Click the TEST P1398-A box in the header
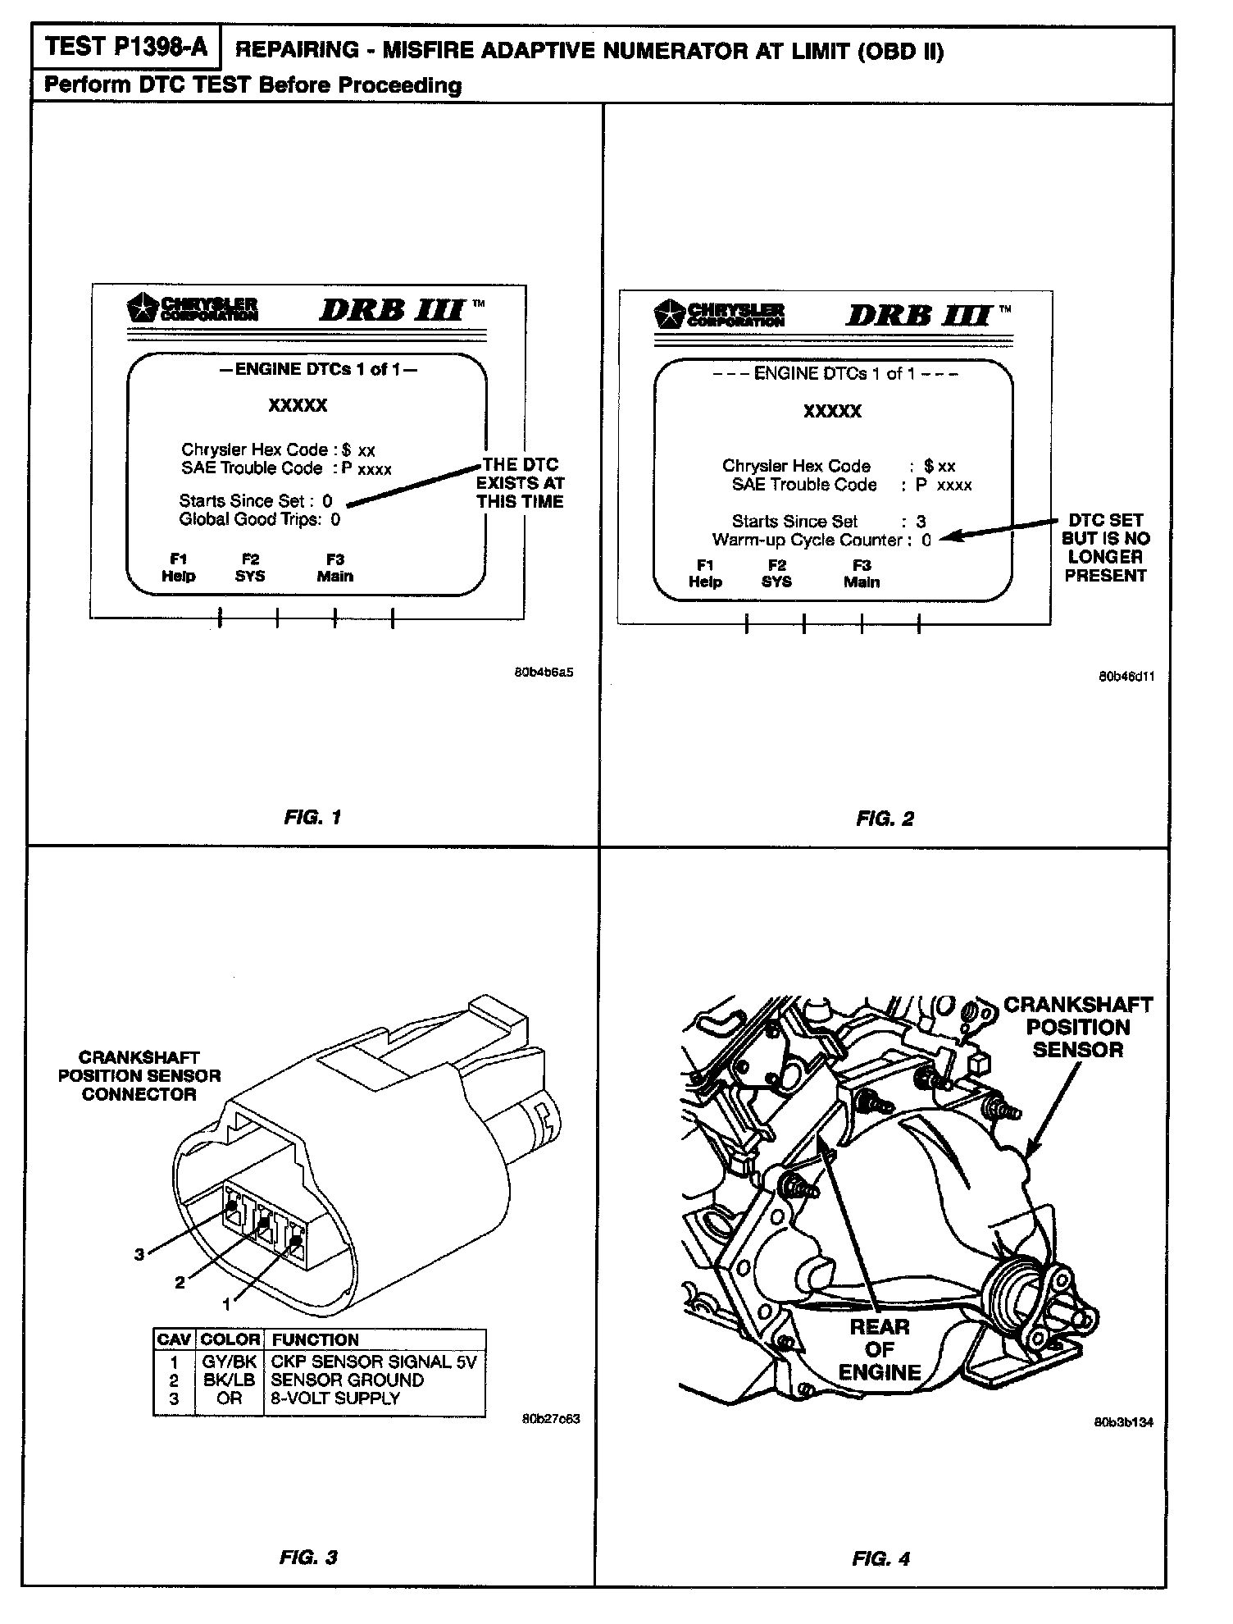[x=126, y=47]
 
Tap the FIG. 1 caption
[x=312, y=817]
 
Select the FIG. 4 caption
[x=881, y=1558]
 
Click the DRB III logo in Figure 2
[x=918, y=316]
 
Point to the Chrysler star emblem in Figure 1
[x=143, y=309]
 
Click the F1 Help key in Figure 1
[x=178, y=568]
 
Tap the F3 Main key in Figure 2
[x=862, y=573]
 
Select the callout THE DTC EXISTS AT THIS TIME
[x=521, y=483]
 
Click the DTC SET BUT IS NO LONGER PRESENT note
[x=1105, y=548]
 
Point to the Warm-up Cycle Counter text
[x=807, y=540]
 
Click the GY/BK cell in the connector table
[x=230, y=1362]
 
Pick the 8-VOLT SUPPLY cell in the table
[x=335, y=1398]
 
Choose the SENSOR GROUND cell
[x=347, y=1380]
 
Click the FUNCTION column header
[x=316, y=1339]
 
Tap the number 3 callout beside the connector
[x=139, y=1254]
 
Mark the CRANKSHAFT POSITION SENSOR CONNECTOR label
[x=139, y=1075]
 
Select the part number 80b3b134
[x=1123, y=1423]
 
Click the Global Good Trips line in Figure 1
[x=259, y=519]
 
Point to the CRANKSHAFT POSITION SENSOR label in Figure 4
[x=1077, y=1027]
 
